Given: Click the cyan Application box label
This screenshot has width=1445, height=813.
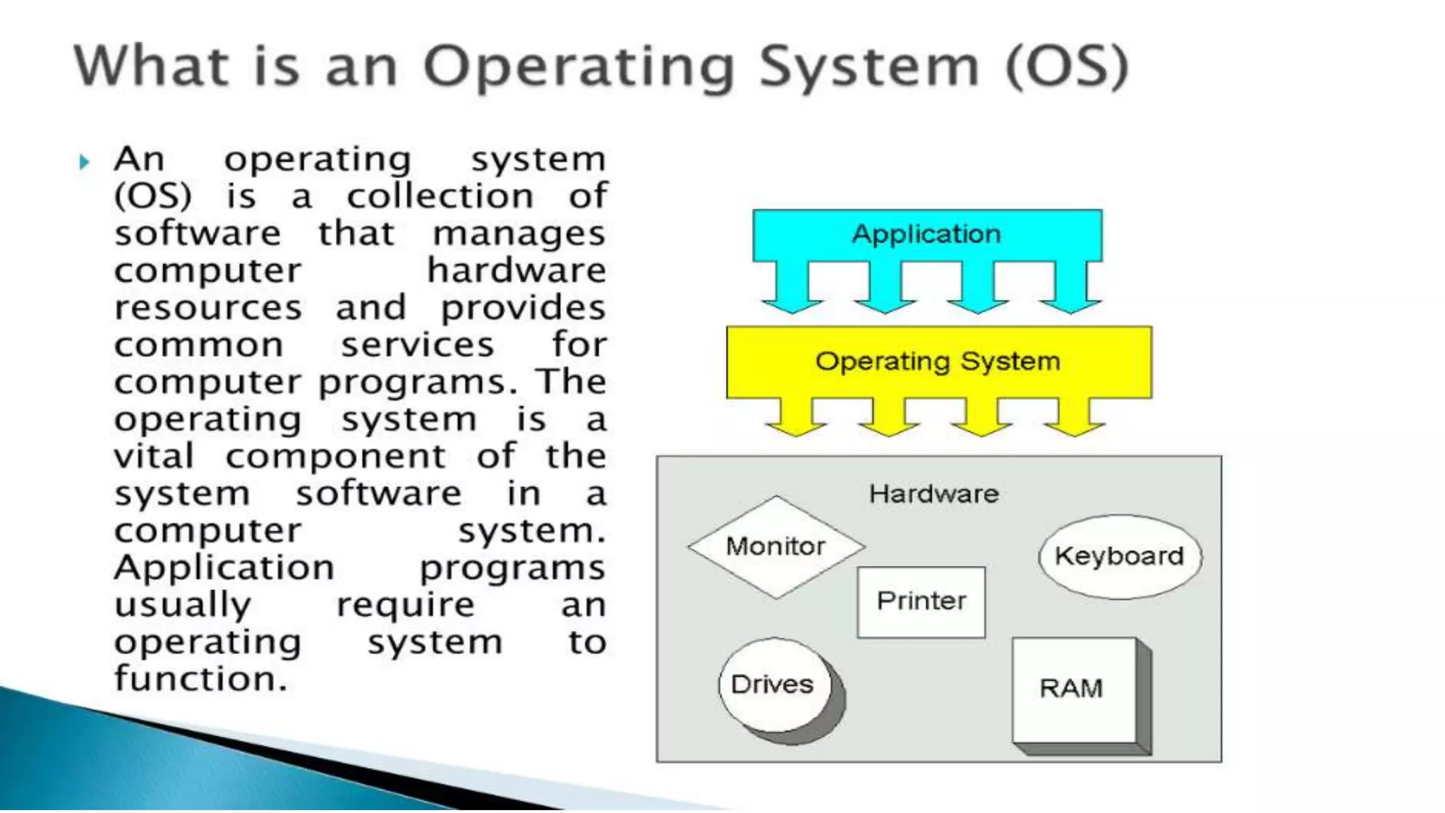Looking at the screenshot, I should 926,234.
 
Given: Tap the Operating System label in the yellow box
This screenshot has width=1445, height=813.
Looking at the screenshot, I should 938,361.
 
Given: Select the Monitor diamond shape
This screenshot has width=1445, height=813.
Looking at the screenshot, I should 776,547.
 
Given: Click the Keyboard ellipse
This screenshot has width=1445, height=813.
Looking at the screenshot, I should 1120,556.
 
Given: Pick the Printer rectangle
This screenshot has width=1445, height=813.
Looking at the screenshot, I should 921,601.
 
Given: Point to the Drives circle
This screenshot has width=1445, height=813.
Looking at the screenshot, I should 773,685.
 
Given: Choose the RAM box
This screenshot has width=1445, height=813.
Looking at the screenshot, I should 1072,688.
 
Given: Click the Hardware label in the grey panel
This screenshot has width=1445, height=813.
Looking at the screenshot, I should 933,494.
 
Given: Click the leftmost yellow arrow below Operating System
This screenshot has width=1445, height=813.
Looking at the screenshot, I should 796,417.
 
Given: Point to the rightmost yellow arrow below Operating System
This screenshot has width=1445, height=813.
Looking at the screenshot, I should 1074,417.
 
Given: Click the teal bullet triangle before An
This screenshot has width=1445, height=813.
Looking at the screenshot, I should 85,162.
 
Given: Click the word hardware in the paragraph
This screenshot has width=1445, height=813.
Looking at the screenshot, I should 516,271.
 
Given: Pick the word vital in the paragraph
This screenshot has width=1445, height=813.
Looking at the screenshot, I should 154,457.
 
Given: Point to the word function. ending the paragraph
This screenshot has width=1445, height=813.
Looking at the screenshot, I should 201,679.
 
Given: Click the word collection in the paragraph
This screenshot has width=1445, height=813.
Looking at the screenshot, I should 440,197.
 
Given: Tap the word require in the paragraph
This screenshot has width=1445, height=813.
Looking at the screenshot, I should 406,606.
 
